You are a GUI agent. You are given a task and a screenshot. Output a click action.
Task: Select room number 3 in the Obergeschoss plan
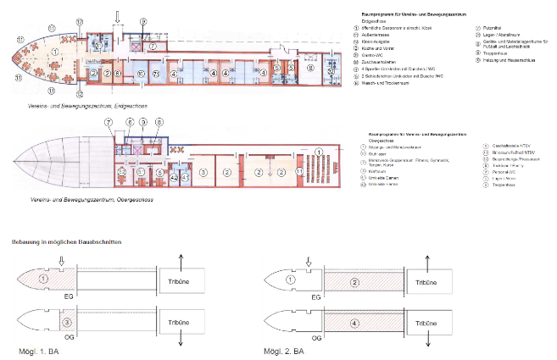(203, 171)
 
